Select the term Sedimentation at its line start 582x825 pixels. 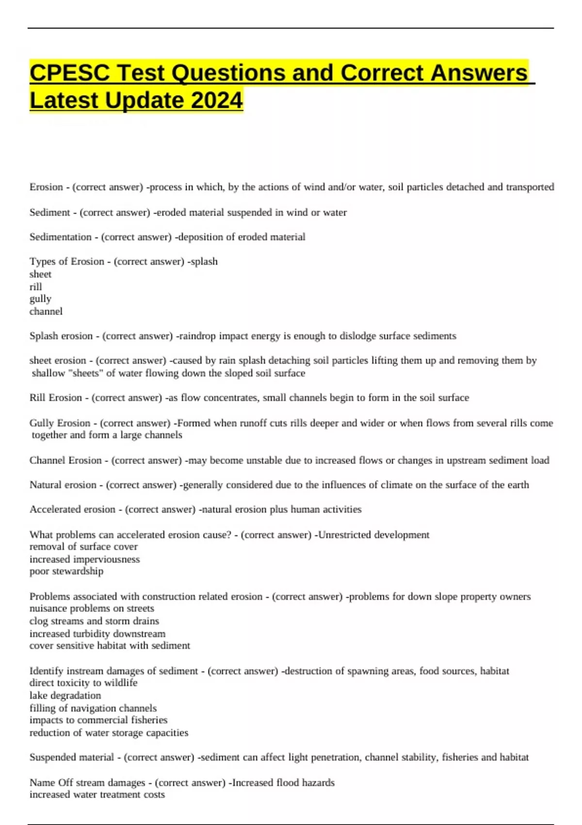click(60, 237)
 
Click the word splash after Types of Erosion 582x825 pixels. click(204, 261)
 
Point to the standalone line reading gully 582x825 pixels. click(40, 299)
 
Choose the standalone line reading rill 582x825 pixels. click(36, 287)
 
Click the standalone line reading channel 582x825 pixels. click(46, 312)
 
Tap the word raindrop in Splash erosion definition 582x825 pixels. click(197, 336)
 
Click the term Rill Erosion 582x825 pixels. click(55, 398)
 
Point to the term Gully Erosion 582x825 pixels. click(60, 423)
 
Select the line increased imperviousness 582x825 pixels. click(84, 559)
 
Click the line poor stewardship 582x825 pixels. click(66, 571)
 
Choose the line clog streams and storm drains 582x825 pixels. click(94, 621)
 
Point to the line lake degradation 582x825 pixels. click(65, 695)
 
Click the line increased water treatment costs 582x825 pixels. click(97, 794)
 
